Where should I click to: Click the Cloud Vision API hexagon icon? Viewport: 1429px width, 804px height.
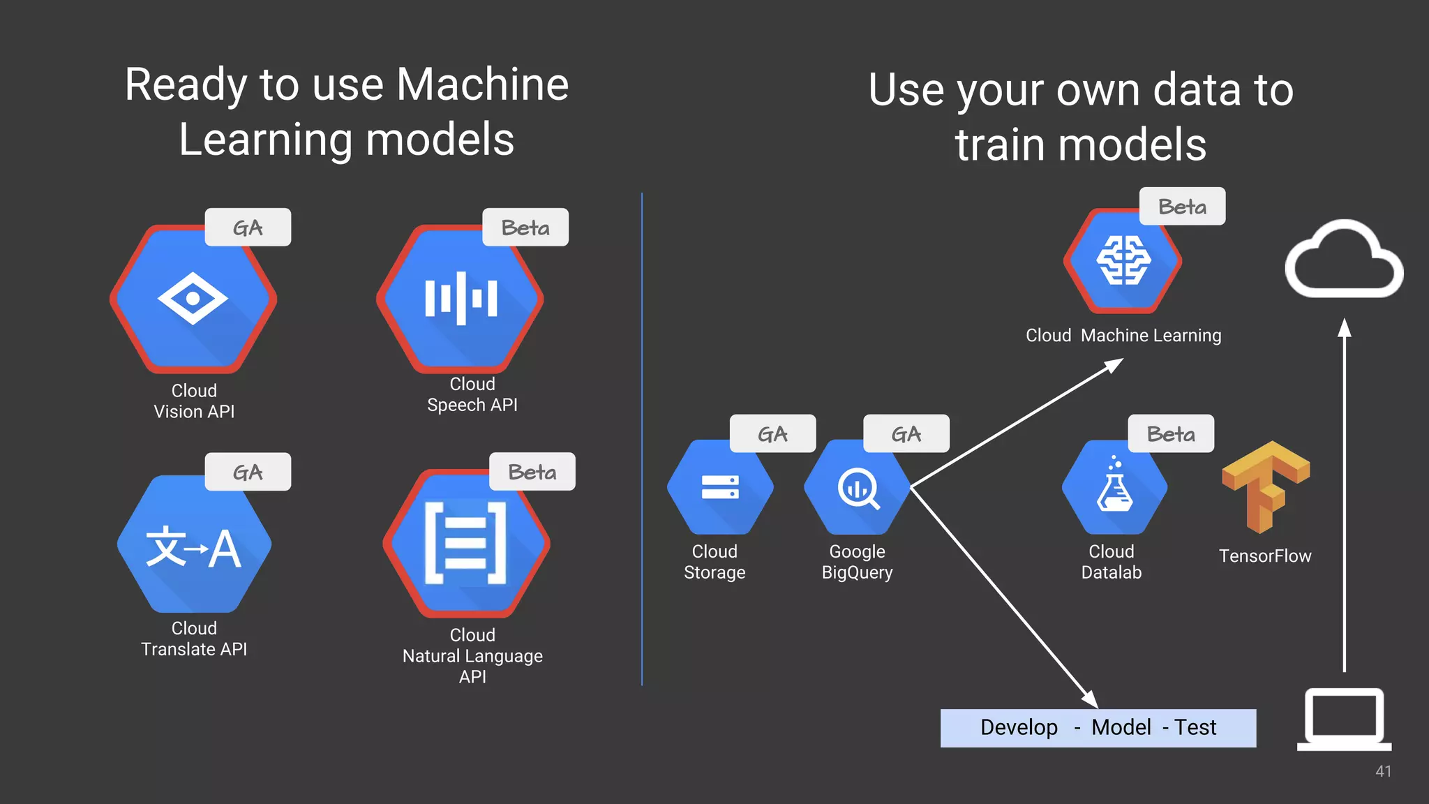click(x=193, y=299)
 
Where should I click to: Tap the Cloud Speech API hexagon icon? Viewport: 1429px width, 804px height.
click(x=460, y=299)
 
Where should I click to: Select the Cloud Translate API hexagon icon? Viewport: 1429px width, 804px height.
click(x=194, y=544)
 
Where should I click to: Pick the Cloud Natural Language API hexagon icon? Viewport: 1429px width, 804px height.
click(x=466, y=543)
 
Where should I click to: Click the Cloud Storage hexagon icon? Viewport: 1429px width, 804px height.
click(x=720, y=487)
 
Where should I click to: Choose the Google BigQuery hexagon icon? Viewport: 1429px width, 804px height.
click(x=857, y=487)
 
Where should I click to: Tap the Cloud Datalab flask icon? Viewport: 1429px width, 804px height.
click(x=1114, y=487)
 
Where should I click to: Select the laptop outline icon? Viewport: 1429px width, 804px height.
click(x=1344, y=719)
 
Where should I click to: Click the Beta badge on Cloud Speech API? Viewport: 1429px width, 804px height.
click(x=525, y=228)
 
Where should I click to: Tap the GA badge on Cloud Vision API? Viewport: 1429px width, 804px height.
click(x=248, y=228)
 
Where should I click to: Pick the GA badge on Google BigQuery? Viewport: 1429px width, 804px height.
click(x=906, y=434)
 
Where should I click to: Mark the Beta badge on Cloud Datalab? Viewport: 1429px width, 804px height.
click(x=1171, y=434)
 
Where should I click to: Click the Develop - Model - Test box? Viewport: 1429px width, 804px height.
click(x=1098, y=728)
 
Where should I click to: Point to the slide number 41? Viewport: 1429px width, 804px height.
click(x=1383, y=771)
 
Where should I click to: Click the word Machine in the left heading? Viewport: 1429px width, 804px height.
click(x=482, y=84)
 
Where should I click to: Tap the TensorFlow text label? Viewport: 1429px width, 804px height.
click(x=1265, y=556)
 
